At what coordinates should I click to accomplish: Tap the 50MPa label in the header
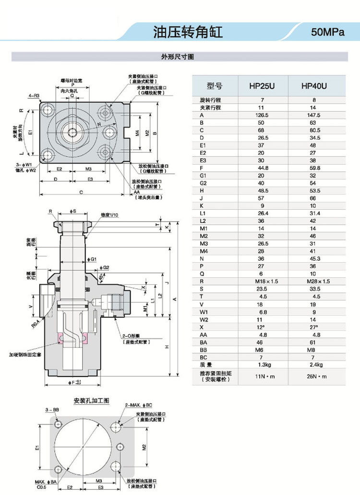[328, 33]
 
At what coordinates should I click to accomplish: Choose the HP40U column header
[314, 86]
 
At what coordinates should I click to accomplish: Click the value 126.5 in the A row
[262, 115]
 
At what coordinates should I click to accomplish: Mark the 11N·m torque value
[262, 376]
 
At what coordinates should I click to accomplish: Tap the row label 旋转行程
[210, 100]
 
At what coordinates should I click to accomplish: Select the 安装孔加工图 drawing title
[92, 400]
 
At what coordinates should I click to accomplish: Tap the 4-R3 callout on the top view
[34, 96]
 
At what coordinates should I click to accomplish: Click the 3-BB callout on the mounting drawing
[52, 409]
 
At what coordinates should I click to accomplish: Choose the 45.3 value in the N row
[314, 259]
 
